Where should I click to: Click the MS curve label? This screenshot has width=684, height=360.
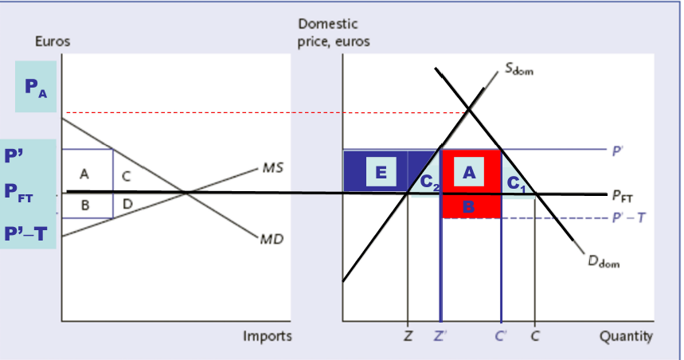point(271,169)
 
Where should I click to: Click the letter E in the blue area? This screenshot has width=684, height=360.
point(381,170)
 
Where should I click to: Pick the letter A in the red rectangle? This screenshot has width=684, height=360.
point(469,170)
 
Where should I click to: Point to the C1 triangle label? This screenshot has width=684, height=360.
point(518,182)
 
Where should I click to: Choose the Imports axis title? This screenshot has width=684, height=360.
point(268,336)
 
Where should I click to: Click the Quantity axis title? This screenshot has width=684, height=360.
point(627,336)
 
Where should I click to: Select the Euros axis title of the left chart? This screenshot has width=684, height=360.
point(53,41)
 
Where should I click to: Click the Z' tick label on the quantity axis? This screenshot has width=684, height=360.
point(440,336)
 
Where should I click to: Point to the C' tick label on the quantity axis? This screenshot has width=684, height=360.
point(501,336)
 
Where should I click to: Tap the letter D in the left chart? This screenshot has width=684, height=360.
point(127,205)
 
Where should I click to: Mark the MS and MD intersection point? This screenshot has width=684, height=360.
point(186,191)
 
